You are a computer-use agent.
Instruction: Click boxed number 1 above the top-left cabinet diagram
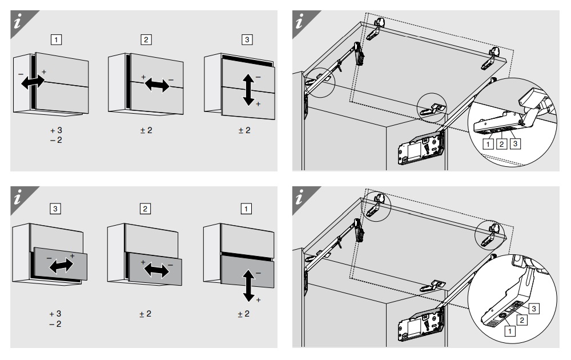(x=56, y=40)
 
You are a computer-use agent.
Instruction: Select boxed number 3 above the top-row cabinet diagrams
(x=247, y=40)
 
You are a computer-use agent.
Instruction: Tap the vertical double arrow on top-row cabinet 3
(x=248, y=90)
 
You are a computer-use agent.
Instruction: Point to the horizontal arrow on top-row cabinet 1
(x=33, y=82)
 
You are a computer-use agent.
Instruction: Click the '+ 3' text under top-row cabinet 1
(x=56, y=130)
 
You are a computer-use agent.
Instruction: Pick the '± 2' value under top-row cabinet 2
(x=146, y=130)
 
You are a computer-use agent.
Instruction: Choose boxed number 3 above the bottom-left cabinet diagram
(x=55, y=209)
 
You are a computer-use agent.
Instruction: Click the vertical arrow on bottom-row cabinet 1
(x=248, y=285)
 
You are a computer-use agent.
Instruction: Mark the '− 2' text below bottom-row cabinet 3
(x=55, y=324)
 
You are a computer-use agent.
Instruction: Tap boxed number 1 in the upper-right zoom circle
(x=488, y=145)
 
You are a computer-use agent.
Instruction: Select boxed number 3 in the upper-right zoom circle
(x=515, y=143)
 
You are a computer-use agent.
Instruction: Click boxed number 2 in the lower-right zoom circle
(x=522, y=320)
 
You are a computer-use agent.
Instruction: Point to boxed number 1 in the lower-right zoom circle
(x=510, y=331)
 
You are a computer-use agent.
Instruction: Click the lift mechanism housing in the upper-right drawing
(x=421, y=149)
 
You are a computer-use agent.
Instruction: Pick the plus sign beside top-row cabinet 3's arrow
(x=258, y=104)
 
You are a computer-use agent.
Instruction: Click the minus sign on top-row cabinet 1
(x=21, y=74)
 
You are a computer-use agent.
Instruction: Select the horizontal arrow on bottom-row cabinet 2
(x=156, y=270)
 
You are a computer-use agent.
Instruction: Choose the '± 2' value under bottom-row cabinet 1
(x=244, y=314)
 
